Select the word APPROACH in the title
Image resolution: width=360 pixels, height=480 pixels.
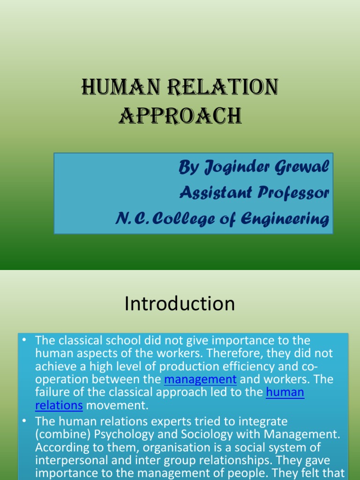[x=180, y=115]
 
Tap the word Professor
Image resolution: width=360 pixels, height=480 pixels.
[x=293, y=193]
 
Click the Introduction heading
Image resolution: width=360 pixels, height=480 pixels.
[x=180, y=304]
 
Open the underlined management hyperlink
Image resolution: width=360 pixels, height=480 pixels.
[x=200, y=379]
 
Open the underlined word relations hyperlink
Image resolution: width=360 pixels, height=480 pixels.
[x=59, y=405]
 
